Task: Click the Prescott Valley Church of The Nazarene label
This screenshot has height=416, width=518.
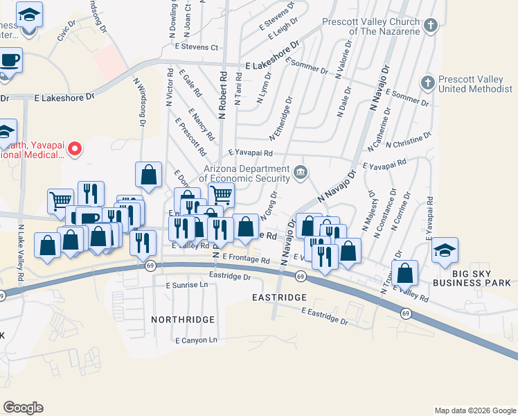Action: pyautogui.click(x=371, y=26)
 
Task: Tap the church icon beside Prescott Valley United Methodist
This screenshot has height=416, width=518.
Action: pyautogui.click(x=427, y=82)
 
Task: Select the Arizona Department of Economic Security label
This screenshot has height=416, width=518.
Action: pyautogui.click(x=246, y=173)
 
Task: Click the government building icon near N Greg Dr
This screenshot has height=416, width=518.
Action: pyautogui.click(x=300, y=173)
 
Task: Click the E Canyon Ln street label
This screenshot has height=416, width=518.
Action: pyautogui.click(x=196, y=340)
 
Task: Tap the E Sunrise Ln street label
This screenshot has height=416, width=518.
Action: pyautogui.click(x=186, y=285)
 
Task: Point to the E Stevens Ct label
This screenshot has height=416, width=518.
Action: pyautogui.click(x=197, y=48)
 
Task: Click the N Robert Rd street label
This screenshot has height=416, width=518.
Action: pyautogui.click(x=223, y=94)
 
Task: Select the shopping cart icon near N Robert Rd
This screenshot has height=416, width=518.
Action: pyautogui.click(x=221, y=195)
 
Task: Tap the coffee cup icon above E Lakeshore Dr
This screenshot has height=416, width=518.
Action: pyautogui.click(x=10, y=60)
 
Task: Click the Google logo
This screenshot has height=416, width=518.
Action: pyautogui.click(x=23, y=408)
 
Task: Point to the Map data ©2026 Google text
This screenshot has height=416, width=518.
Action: pyautogui.click(x=474, y=410)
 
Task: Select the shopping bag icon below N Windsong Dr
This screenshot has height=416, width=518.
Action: pyautogui.click(x=148, y=175)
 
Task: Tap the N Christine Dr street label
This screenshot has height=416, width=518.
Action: pyautogui.click(x=409, y=140)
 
